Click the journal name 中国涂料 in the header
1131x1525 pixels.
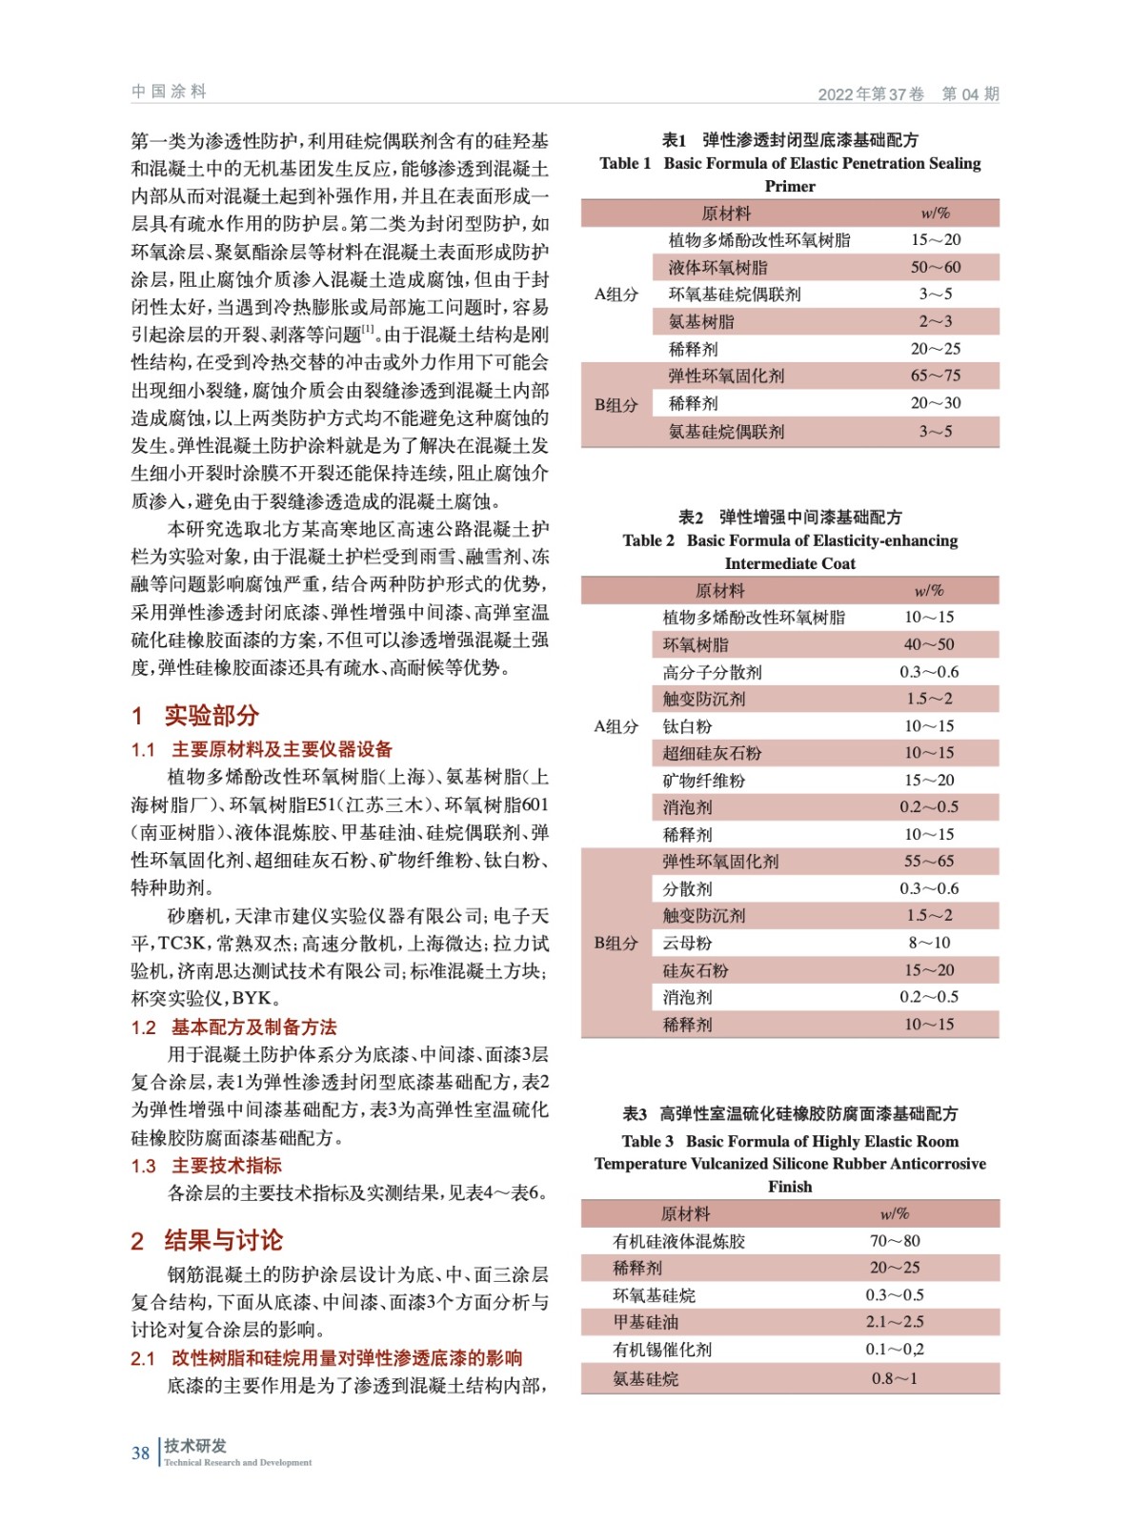click(x=169, y=91)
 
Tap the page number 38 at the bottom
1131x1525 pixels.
click(x=140, y=1453)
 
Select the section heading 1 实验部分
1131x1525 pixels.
click(x=195, y=715)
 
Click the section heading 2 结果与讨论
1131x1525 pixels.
click(x=207, y=1240)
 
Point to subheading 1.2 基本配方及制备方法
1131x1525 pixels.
click(x=234, y=1027)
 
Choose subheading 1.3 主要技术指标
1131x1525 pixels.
click(x=207, y=1165)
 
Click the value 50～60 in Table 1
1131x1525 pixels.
click(x=935, y=267)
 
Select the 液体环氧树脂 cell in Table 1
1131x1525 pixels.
click(x=717, y=267)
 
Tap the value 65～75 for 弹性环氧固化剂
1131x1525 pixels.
click(x=935, y=376)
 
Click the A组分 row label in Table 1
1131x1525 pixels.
click(x=616, y=295)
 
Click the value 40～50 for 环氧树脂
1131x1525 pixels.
click(x=929, y=644)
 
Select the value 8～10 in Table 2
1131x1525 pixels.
click(x=929, y=943)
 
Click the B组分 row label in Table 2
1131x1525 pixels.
click(x=616, y=943)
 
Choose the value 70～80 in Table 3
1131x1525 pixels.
click(x=895, y=1240)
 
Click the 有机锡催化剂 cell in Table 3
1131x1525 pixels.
click(x=662, y=1349)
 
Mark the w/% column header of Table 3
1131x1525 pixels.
click(x=895, y=1213)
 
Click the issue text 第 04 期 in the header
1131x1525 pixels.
click(x=970, y=93)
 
